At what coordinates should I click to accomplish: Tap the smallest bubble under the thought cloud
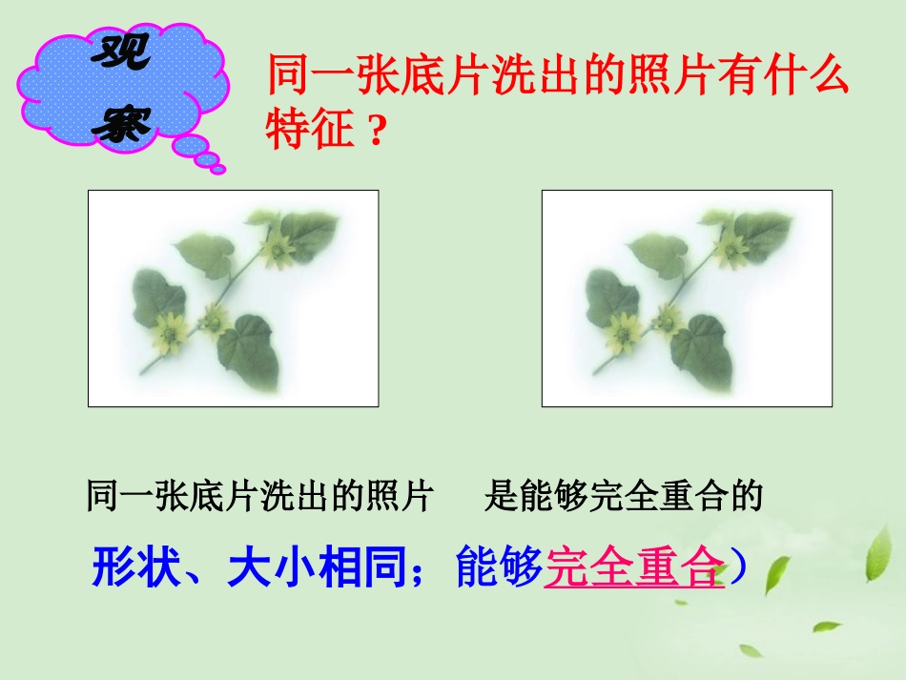pos(218,170)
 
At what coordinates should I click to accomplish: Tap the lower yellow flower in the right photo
pos(627,332)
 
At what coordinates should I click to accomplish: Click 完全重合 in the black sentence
pos(661,497)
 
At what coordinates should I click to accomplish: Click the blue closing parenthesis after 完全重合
pos(736,568)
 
